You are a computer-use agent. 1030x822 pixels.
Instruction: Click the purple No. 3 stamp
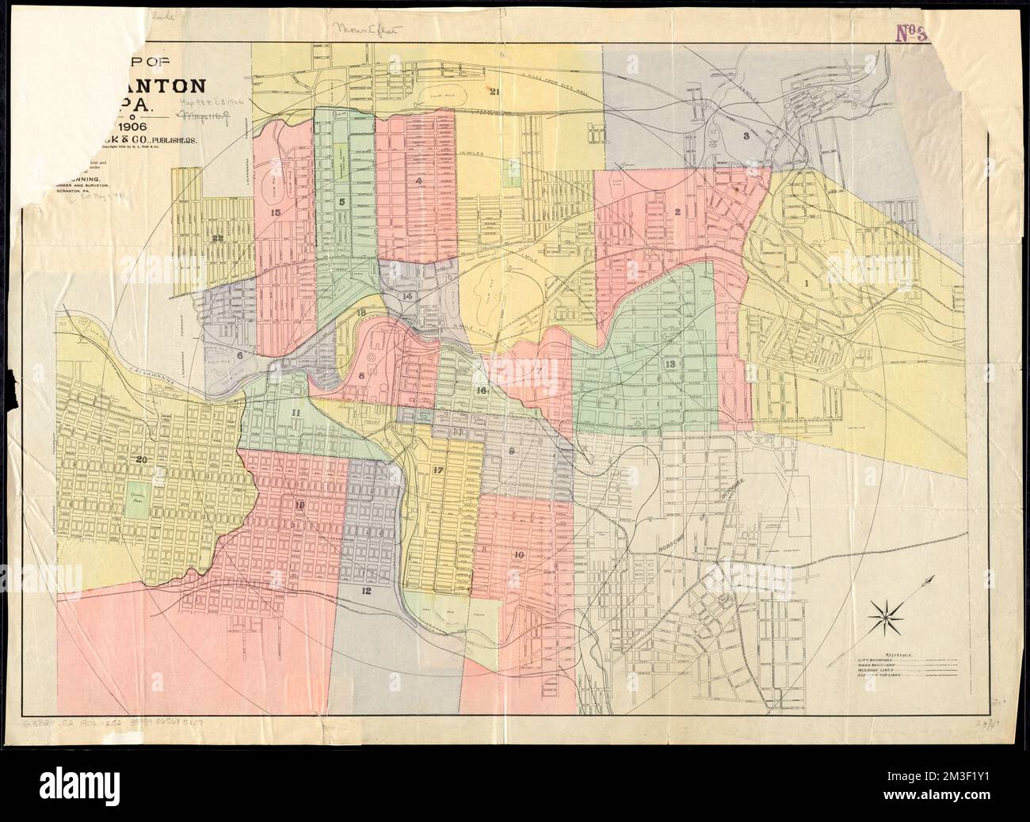pos(911,55)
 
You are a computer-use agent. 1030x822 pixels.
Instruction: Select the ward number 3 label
pos(746,136)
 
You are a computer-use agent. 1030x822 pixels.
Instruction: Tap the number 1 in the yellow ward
pos(809,281)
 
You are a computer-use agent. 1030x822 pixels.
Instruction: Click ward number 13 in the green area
pos(670,363)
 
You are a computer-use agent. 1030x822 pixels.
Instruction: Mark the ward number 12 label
pos(365,591)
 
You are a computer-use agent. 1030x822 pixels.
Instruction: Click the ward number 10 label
pos(518,555)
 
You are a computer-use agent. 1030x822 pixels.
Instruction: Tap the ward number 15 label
pos(275,212)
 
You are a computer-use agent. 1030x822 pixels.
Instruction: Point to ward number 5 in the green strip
pos(341,202)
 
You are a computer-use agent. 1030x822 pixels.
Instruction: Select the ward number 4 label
pos(418,181)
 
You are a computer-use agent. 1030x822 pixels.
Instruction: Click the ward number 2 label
pos(678,211)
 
